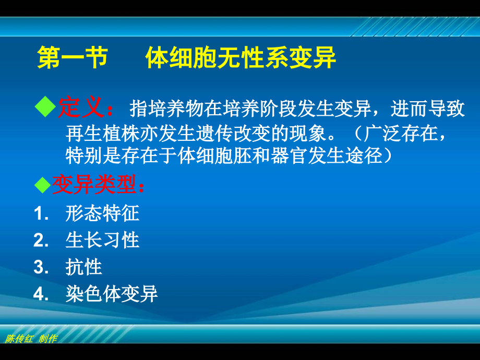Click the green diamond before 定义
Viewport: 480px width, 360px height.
[44, 107]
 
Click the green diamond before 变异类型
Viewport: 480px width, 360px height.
[41, 184]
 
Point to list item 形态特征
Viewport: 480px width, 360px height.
[102, 213]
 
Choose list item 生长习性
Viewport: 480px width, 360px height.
[102, 240]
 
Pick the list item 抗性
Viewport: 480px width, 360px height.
[83, 267]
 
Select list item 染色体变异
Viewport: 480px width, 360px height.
[112, 294]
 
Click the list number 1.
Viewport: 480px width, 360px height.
[40, 213]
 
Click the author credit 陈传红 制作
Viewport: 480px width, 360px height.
[31, 339]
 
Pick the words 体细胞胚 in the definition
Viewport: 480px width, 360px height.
[215, 155]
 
